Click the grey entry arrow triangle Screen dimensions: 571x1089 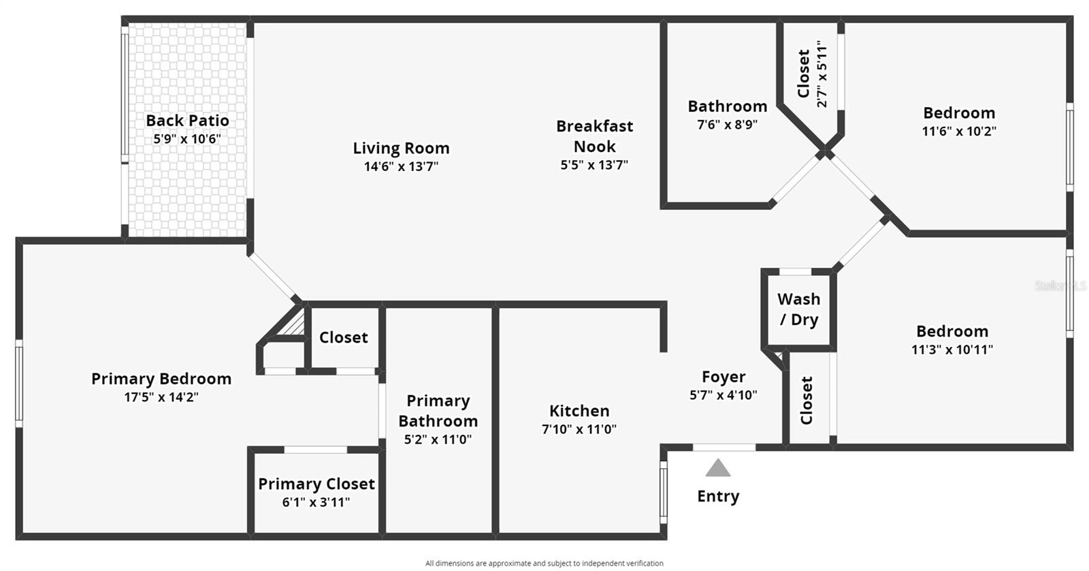(x=718, y=468)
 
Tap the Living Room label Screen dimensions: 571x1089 (x=401, y=148)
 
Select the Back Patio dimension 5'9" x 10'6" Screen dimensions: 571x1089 (x=187, y=139)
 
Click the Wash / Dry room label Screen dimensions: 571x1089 (x=798, y=309)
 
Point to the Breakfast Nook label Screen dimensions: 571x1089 (x=594, y=136)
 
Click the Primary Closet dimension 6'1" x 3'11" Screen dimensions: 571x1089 (x=316, y=503)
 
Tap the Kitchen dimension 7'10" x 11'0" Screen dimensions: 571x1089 (x=579, y=429)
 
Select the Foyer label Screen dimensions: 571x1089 (x=724, y=377)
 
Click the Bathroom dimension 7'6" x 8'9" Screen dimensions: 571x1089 (x=727, y=125)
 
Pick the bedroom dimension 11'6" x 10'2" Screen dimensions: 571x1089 (x=959, y=132)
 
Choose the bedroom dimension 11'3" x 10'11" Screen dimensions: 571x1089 (x=952, y=350)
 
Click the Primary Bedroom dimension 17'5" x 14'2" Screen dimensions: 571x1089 (x=161, y=397)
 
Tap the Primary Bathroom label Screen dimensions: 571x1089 (x=438, y=410)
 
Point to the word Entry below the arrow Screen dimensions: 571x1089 (x=718, y=496)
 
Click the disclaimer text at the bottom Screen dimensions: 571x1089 (x=544, y=564)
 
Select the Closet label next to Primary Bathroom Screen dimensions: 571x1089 (x=343, y=337)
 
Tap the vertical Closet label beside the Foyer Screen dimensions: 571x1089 (x=807, y=401)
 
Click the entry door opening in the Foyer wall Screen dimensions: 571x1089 (x=724, y=448)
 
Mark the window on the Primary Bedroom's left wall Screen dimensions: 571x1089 (x=19, y=384)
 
